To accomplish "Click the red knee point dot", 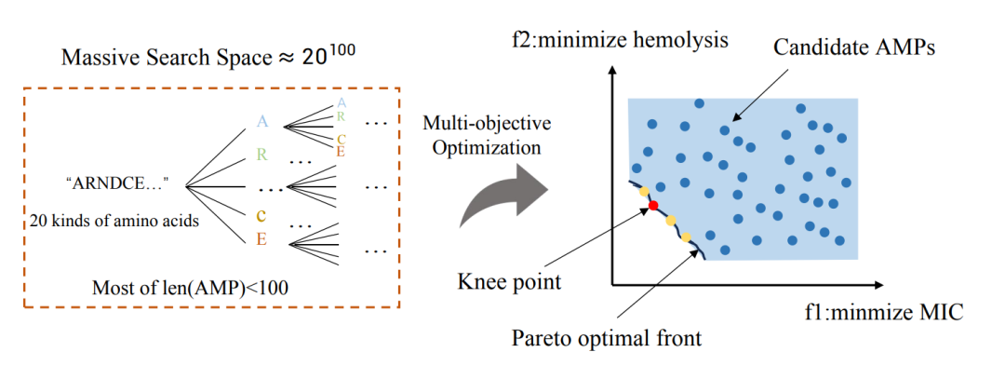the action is point(653,205).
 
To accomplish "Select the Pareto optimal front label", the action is point(606,337).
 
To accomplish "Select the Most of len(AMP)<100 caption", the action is point(190,288).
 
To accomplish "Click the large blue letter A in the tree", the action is point(261,120).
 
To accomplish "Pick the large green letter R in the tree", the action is point(261,155).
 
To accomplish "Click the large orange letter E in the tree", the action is point(261,239).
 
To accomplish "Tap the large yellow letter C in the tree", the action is point(261,213).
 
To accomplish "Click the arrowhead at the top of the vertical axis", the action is point(615,68).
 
